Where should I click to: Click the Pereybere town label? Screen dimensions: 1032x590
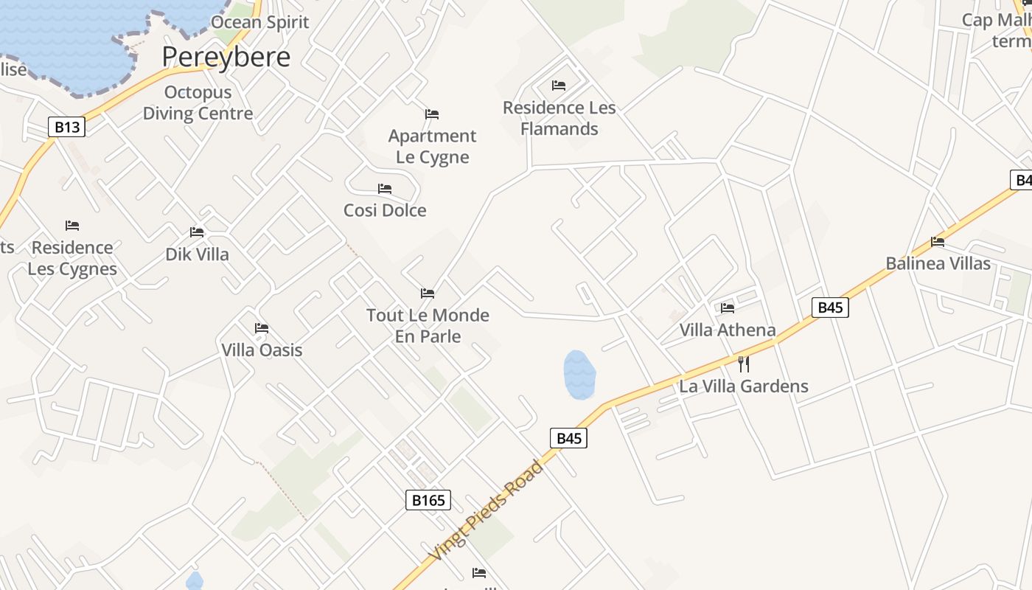pyautogui.click(x=226, y=57)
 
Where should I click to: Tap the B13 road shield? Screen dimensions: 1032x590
pyautogui.click(x=66, y=127)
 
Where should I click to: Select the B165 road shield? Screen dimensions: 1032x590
pyautogui.click(x=428, y=501)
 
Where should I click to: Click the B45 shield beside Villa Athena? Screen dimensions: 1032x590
pyautogui.click(x=830, y=308)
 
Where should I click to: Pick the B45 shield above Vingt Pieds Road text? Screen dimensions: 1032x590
pyautogui.click(x=568, y=439)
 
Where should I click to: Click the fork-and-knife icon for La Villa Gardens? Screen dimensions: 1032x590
pyautogui.click(x=743, y=364)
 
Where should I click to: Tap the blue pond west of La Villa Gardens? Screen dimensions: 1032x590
pyautogui.click(x=579, y=374)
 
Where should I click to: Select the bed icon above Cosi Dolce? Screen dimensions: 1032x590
pyautogui.click(x=384, y=189)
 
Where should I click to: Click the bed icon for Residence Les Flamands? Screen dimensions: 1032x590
pyautogui.click(x=559, y=86)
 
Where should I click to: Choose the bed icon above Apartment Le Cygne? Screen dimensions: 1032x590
pyautogui.click(x=432, y=114)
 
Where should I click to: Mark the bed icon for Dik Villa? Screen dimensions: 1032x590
pyautogui.click(x=197, y=232)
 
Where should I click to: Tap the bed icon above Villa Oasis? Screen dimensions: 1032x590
pyautogui.click(x=262, y=328)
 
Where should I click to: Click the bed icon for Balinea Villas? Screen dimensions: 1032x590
pyautogui.click(x=938, y=241)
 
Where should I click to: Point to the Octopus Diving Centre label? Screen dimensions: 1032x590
pyautogui.click(x=198, y=103)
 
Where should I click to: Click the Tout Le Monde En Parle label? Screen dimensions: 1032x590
pyautogui.click(x=428, y=326)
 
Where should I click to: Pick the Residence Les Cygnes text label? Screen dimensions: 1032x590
pyautogui.click(x=72, y=258)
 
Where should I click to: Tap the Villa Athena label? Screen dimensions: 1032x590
pyautogui.click(x=728, y=330)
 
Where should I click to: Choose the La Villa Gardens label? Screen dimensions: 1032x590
pyautogui.click(x=744, y=386)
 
